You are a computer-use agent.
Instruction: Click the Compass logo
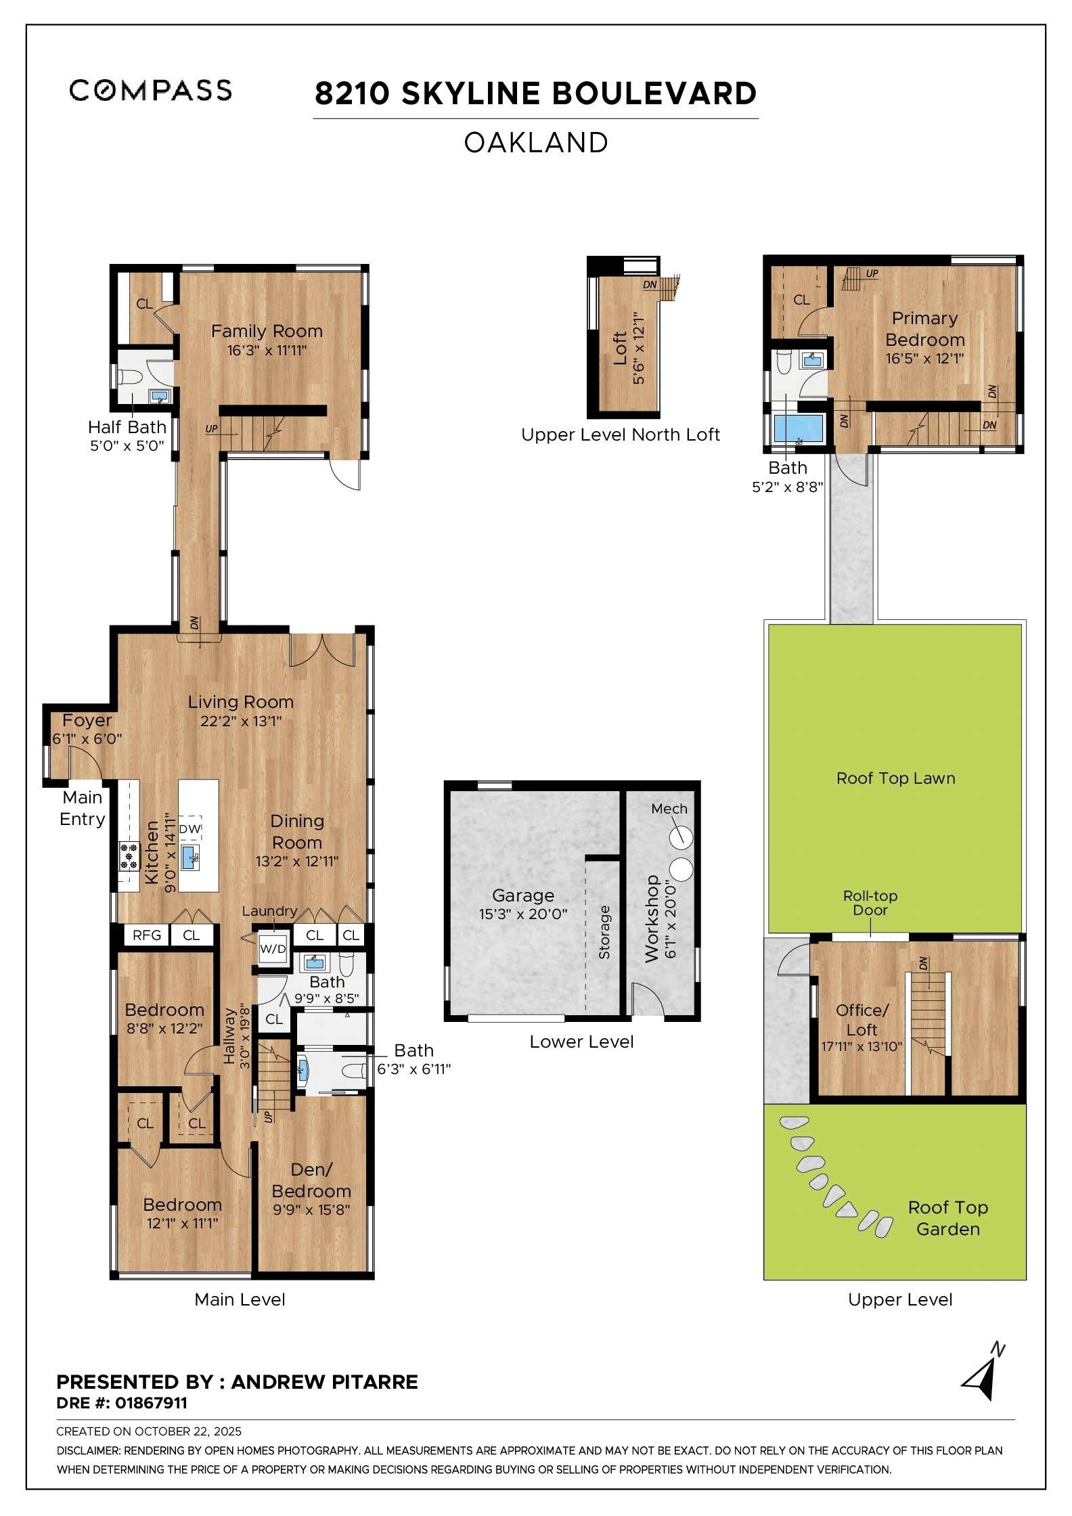[x=150, y=90]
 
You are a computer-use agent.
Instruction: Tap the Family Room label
[x=267, y=331]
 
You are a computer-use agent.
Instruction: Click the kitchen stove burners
[x=129, y=857]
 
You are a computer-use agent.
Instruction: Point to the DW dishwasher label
[x=190, y=829]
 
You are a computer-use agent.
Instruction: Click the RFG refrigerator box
[x=146, y=935]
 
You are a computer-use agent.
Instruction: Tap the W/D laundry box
[x=273, y=949]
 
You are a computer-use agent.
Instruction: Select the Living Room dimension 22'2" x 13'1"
[x=240, y=721]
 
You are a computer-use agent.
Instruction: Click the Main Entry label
[x=82, y=808]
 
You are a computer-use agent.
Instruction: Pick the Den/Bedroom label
[x=311, y=1180]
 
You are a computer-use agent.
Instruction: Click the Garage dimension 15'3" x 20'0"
[x=522, y=914]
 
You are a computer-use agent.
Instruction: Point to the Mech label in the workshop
[x=669, y=809]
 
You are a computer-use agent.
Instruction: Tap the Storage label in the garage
[x=604, y=932]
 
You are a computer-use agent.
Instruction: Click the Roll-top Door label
[x=870, y=903]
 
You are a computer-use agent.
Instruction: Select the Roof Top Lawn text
[x=895, y=778]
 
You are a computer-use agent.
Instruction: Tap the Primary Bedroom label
[x=924, y=329]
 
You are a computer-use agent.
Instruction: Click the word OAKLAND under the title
[x=535, y=143]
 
